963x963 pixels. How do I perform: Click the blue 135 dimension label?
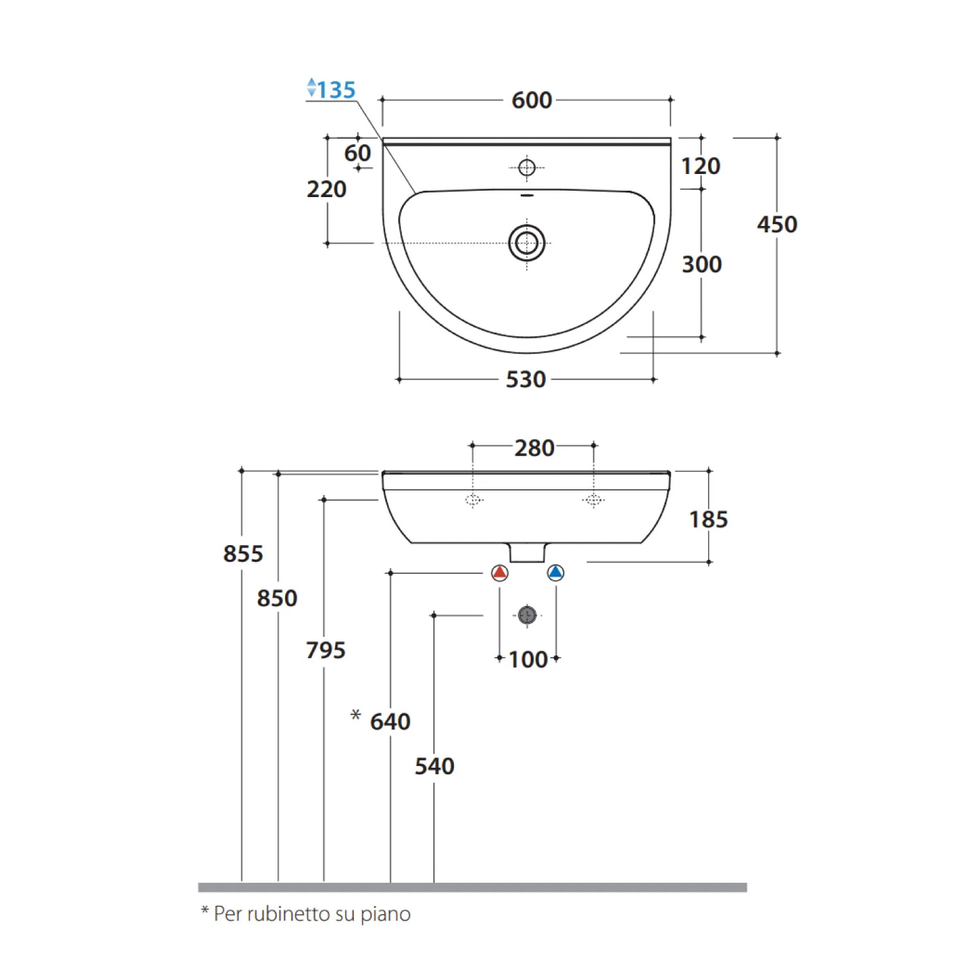(x=336, y=90)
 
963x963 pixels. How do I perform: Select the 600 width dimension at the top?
(x=532, y=100)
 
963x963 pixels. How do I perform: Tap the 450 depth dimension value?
(x=777, y=224)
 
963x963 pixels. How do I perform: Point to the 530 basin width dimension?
(x=526, y=379)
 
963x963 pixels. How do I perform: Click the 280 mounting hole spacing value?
(x=534, y=448)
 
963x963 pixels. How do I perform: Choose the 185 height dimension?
(x=708, y=519)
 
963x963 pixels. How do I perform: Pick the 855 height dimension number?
(x=243, y=553)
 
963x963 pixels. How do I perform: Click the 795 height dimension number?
(x=325, y=650)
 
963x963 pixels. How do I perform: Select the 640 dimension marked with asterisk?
(x=390, y=722)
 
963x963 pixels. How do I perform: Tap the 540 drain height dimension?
(x=435, y=766)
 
